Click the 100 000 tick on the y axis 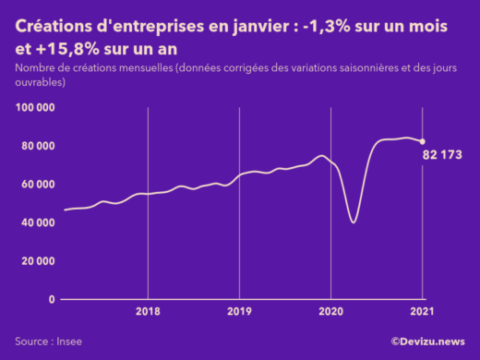point(35,108)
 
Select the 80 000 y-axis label point(38,146)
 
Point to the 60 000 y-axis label point(38,185)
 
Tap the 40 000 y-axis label point(38,222)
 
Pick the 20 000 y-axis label point(38,261)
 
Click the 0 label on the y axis point(52,299)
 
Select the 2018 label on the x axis point(148,312)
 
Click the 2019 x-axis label point(239,312)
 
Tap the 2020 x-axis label point(330,312)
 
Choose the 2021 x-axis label point(422,312)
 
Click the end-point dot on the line point(423,141)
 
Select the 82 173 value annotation point(442,152)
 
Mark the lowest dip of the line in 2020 point(354,222)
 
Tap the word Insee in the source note point(68,341)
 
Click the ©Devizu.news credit point(427,341)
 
